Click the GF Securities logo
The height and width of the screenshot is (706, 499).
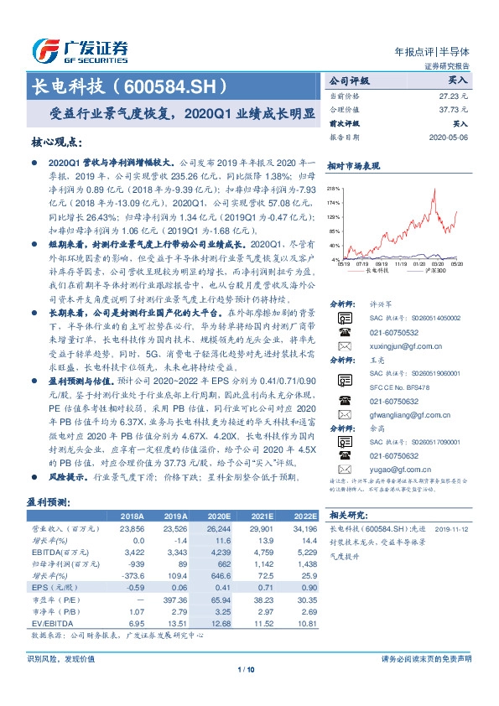79,51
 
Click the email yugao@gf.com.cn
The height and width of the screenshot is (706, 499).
393,470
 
